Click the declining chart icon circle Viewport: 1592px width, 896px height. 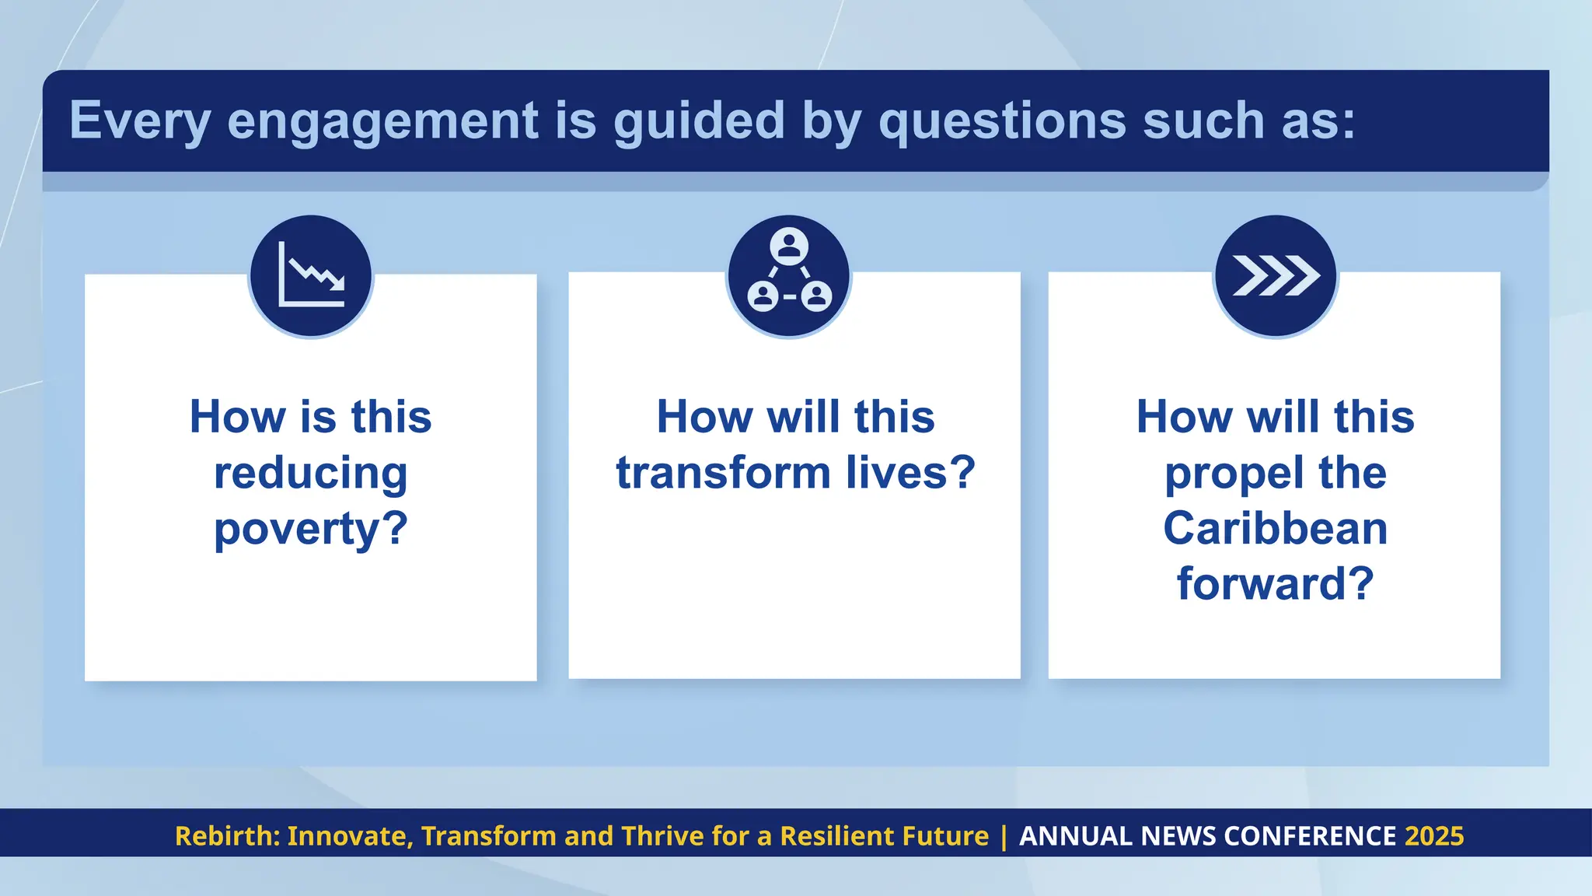pyautogui.click(x=311, y=275)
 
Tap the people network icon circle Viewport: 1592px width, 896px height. pyautogui.click(x=789, y=275)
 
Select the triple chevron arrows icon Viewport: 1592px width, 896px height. pyautogui.click(x=1276, y=275)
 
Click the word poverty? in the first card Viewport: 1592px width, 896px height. pyautogui.click(x=311, y=530)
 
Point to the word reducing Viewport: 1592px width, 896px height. pyautogui.click(x=311, y=474)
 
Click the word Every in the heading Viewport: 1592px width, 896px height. pyautogui.click(x=140, y=121)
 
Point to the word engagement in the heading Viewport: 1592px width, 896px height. pyautogui.click(x=382, y=121)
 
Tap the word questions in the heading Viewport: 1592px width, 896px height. pyautogui.click(x=1002, y=121)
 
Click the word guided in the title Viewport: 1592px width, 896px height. pyautogui.click(x=699, y=121)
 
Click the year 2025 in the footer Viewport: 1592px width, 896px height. pyautogui.click(x=1434, y=836)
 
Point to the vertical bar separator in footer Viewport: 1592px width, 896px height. pyautogui.click(x=1004, y=836)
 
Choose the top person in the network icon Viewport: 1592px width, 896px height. pyautogui.click(x=789, y=247)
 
